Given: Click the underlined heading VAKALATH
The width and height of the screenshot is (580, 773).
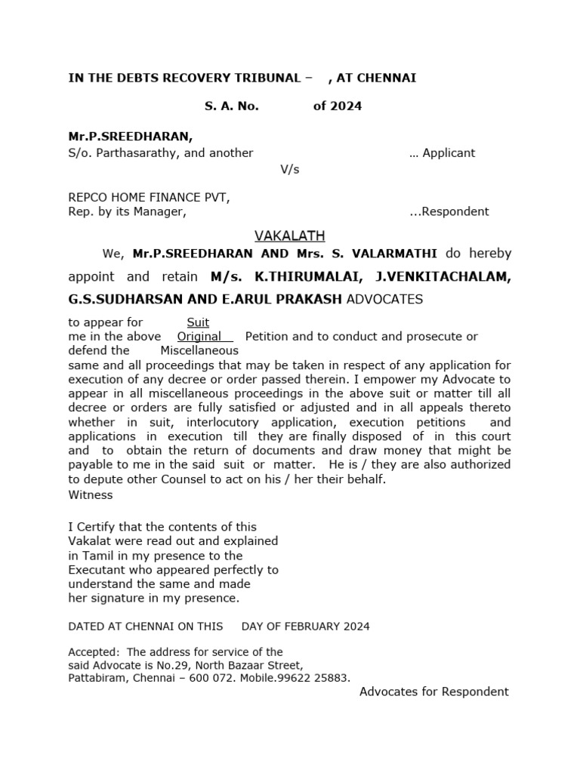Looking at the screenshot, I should click(290, 236).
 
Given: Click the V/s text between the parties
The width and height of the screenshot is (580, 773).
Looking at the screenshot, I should click(290, 169).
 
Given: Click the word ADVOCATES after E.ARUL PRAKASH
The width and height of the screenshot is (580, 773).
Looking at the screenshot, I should click(384, 300).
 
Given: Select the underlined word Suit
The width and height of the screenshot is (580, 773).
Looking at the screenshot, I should click(198, 322).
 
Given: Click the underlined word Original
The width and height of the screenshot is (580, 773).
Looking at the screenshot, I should click(199, 337).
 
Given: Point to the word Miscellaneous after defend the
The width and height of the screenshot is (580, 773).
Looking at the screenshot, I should click(199, 350).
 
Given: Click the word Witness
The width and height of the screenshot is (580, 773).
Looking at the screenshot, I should click(91, 495).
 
